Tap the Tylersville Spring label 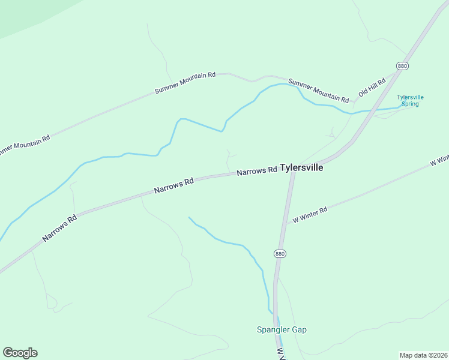point(410,100)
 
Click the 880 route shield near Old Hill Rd point(402,65)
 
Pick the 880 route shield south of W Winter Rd point(280,254)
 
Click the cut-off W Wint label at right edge point(439,161)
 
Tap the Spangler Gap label point(282,329)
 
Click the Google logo point(20,353)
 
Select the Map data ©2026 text point(423,355)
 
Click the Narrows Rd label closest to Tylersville point(257,171)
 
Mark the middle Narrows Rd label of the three point(174,185)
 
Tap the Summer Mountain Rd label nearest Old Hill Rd point(318,90)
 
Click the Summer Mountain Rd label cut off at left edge point(24,145)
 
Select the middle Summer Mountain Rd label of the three point(185,83)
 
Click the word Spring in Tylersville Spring point(410,104)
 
